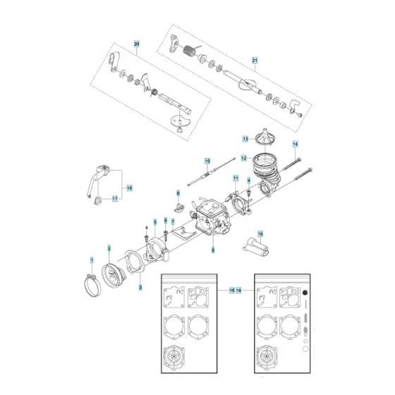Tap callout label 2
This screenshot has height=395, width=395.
tap(109, 248)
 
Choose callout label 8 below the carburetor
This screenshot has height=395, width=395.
tap(212, 250)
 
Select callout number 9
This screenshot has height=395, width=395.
tap(178, 193)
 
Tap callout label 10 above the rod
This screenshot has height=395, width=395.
tap(207, 162)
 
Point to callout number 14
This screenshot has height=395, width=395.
tap(296, 145)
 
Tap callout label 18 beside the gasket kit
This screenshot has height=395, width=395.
tap(232, 290)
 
